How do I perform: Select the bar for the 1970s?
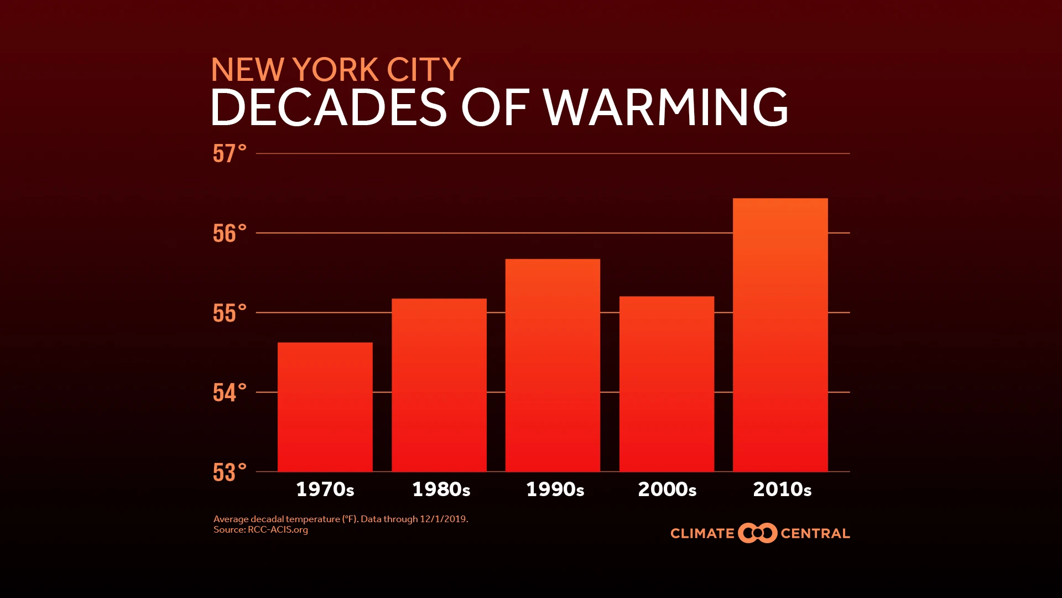(325, 407)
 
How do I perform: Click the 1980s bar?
(439, 385)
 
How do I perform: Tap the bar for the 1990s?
(553, 365)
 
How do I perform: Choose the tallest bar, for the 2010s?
(780, 335)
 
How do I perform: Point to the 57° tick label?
(229, 154)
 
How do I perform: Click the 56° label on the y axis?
(229, 234)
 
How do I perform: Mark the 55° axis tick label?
(229, 313)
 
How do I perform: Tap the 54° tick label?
(229, 393)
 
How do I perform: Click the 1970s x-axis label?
(325, 489)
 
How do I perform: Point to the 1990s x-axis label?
(555, 489)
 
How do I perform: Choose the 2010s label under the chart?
(782, 489)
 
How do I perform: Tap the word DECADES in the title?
(329, 107)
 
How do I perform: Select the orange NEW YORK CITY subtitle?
(336, 70)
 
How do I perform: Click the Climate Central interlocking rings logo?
(757, 533)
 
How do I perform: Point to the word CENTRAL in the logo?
(815, 534)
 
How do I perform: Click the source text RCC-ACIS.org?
(278, 530)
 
